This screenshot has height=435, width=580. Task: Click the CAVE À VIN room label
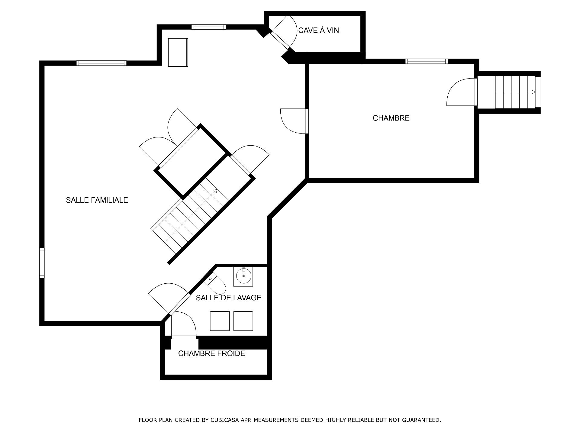click(x=318, y=30)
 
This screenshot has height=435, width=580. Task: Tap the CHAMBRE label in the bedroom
click(x=391, y=118)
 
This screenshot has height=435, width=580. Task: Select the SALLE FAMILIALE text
click(x=97, y=200)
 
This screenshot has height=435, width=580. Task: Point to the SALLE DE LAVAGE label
click(x=228, y=298)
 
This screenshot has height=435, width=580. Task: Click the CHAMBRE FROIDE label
click(x=211, y=353)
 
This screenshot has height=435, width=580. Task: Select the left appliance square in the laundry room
click(x=220, y=321)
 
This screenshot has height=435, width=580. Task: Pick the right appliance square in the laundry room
click(x=243, y=321)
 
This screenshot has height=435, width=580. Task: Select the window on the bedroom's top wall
click(x=426, y=61)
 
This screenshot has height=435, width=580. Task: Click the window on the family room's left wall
click(x=42, y=263)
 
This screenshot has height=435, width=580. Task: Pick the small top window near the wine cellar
click(x=209, y=27)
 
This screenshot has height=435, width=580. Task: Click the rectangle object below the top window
click(x=178, y=52)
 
